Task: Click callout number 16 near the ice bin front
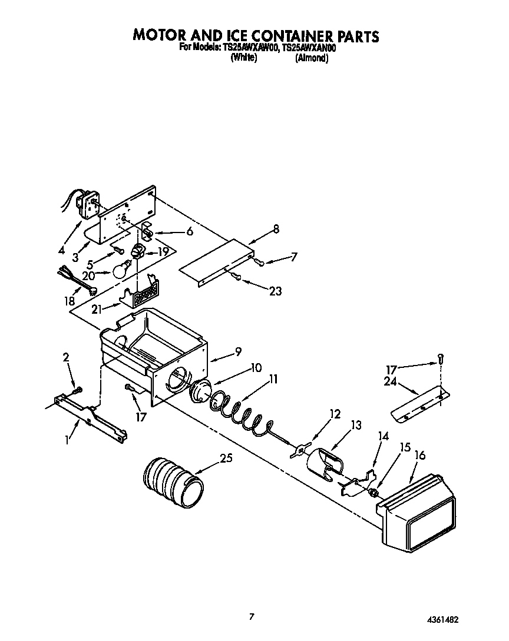coord(420,456)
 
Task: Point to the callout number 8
coord(276,229)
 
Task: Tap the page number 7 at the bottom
coord(252,616)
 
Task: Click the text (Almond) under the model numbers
coord(311,58)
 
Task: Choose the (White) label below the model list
coord(243,58)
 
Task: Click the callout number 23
coord(275,290)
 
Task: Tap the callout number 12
coord(335,414)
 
